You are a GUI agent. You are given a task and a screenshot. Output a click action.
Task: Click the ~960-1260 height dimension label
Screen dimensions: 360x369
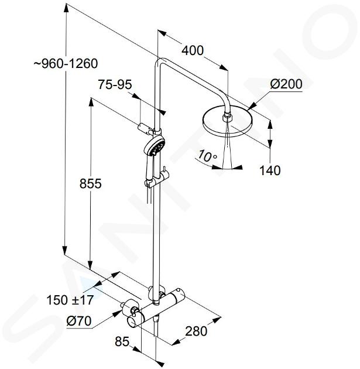coord(66,64)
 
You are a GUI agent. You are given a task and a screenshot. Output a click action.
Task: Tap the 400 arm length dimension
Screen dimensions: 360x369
coord(193,50)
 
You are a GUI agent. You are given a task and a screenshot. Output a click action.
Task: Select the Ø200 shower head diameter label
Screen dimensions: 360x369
coord(286,84)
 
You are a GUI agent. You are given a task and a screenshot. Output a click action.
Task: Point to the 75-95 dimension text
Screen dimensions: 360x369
coord(115,84)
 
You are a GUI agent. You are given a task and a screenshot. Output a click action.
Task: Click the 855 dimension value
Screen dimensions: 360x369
coord(91,183)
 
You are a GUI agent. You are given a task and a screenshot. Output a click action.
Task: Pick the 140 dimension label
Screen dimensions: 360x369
coord(270,170)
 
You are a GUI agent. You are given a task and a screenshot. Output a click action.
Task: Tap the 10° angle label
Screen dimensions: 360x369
coord(207,156)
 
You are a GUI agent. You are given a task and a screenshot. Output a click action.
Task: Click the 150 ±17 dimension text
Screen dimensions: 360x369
coord(70,300)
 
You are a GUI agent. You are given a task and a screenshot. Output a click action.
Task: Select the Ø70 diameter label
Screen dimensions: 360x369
coord(79,320)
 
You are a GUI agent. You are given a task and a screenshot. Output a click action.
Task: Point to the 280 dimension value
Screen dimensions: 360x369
coord(196,331)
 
